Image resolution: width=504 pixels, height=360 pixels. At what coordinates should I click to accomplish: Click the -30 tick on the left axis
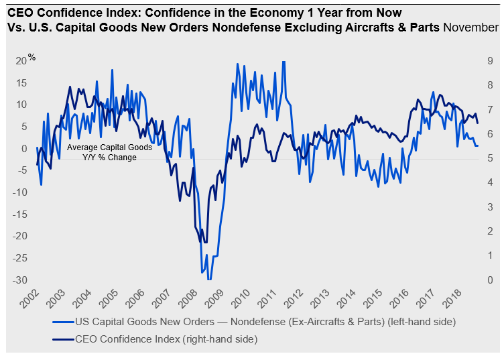point(19,280)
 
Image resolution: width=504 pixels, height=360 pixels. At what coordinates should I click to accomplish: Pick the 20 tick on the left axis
point(21,61)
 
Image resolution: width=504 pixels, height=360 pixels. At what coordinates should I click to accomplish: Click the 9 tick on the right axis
point(491,61)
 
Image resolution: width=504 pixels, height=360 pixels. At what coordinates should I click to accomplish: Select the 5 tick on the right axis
point(491,158)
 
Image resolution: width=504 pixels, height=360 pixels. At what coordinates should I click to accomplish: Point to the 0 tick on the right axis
point(491,280)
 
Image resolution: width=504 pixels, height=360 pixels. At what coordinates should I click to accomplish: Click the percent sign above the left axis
point(31,56)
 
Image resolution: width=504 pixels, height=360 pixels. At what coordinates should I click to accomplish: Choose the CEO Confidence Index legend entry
point(155,339)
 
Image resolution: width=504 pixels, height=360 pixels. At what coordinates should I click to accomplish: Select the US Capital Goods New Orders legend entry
point(255,322)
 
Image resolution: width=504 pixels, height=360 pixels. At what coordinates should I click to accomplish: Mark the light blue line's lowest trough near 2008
point(208,280)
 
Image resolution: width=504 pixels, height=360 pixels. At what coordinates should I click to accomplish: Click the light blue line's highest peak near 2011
point(283,62)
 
